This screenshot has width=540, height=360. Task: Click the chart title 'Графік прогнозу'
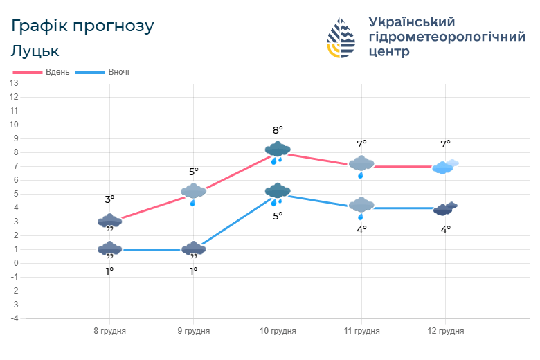point(82,26)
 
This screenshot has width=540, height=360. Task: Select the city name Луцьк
point(35,51)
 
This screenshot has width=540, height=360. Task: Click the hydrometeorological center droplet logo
point(341,38)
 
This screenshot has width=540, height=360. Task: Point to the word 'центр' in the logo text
point(389,52)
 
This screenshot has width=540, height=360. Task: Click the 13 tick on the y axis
point(13,83)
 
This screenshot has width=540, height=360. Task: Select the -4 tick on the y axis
point(13,318)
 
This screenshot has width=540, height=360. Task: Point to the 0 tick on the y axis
point(15,263)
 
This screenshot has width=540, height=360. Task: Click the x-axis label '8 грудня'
point(109,331)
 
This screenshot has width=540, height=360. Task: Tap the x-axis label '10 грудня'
point(277,331)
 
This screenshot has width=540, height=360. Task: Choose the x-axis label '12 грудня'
point(445,331)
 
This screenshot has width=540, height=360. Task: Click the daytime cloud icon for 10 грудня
point(277,151)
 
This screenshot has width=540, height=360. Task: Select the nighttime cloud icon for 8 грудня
point(109,249)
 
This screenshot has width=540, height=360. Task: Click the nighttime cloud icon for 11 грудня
point(361,206)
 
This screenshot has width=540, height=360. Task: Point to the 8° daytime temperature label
point(278,130)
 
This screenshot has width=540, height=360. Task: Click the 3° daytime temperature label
point(109,199)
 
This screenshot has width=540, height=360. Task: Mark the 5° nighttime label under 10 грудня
point(278,216)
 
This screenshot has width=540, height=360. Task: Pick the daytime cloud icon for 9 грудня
point(193,192)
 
